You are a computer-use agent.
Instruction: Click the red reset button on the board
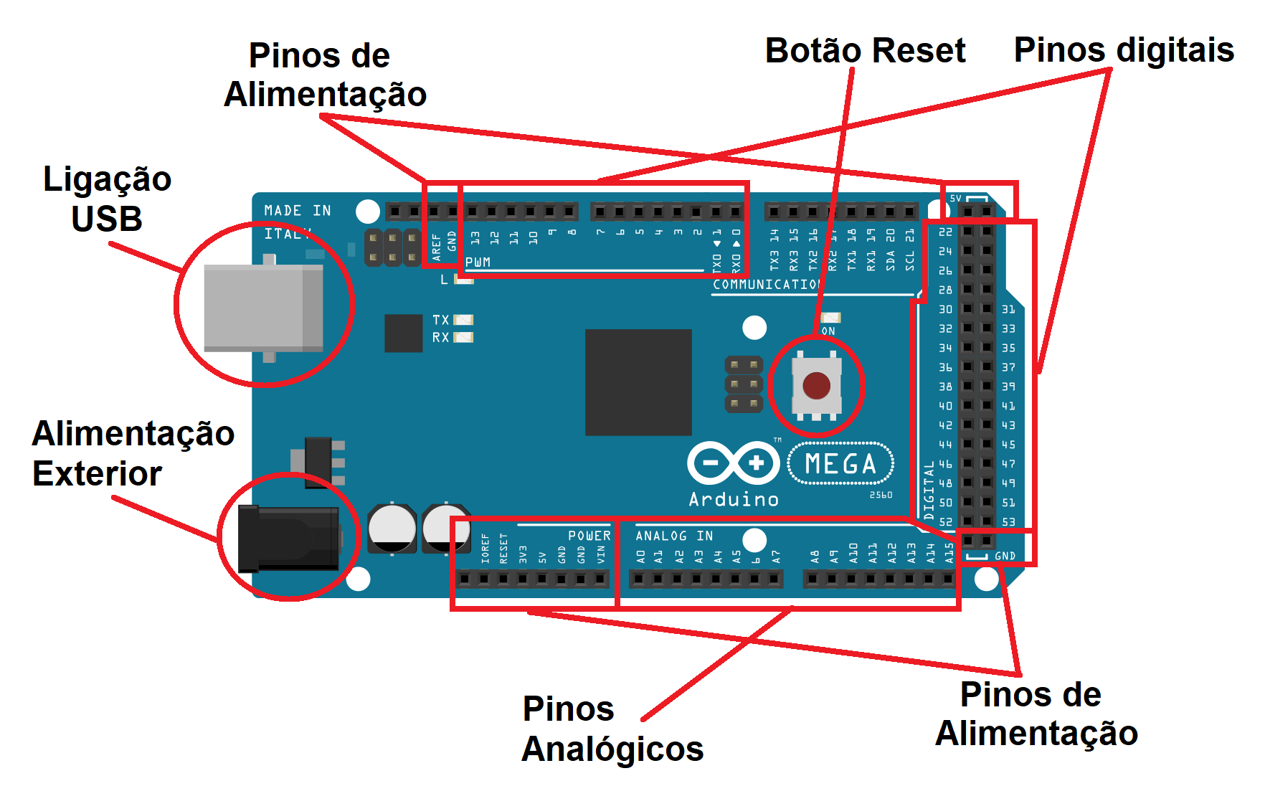click(816, 386)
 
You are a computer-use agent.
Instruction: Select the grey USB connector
click(263, 307)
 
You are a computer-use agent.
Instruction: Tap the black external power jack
click(288, 539)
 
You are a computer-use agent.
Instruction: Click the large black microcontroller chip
click(638, 382)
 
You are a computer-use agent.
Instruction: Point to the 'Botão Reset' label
click(865, 51)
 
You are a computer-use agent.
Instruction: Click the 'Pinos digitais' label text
click(1123, 50)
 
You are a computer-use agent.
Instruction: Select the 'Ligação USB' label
click(107, 199)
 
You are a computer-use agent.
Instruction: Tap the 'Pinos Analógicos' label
click(612, 729)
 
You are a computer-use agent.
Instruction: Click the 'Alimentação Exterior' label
click(133, 453)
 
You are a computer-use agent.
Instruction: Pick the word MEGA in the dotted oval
click(840, 464)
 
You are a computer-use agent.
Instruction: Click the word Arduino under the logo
click(734, 500)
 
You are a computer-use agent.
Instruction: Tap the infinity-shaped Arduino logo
click(733, 463)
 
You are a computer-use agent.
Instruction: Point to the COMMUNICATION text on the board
click(767, 285)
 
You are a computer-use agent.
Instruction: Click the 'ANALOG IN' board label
click(673, 536)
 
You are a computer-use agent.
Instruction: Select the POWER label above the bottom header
click(589, 536)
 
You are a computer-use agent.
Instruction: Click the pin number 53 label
click(1008, 522)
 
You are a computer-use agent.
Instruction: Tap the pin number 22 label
click(945, 232)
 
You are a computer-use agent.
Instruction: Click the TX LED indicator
click(463, 320)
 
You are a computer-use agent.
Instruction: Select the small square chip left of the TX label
click(403, 333)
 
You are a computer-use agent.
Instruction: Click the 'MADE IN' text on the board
click(298, 211)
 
